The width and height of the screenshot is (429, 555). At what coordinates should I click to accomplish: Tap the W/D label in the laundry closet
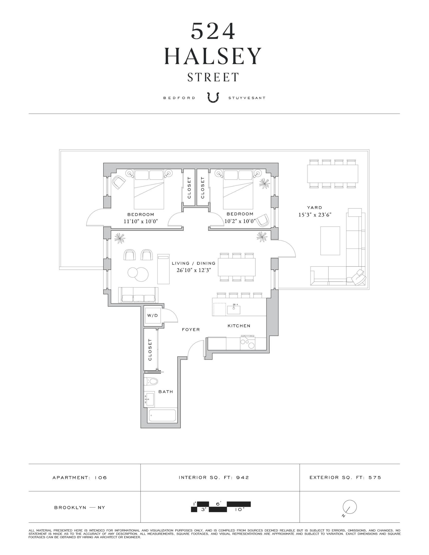(x=152, y=315)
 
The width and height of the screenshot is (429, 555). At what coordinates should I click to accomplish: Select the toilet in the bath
(x=151, y=381)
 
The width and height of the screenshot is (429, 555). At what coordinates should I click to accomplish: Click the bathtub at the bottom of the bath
(x=162, y=415)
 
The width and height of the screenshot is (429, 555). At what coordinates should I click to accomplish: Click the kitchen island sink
(x=234, y=309)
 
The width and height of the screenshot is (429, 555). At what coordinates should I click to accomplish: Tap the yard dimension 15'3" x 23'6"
(x=315, y=215)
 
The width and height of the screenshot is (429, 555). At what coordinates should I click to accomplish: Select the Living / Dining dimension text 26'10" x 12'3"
(x=194, y=270)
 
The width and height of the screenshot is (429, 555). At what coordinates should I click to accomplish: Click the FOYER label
(x=191, y=330)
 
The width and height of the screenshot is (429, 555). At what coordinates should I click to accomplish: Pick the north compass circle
(x=350, y=507)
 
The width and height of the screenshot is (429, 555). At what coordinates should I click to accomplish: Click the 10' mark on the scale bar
(x=239, y=510)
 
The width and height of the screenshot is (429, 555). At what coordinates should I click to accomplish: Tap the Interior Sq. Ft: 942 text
(x=214, y=477)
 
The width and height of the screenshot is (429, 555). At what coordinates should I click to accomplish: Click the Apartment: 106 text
(x=79, y=478)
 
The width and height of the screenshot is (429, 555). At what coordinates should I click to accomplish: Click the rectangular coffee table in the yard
(x=330, y=240)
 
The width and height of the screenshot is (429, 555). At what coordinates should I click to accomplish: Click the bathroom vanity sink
(x=149, y=399)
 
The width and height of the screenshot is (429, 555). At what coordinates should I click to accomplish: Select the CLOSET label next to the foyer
(x=150, y=350)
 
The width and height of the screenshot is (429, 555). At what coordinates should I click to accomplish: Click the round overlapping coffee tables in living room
(x=138, y=274)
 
